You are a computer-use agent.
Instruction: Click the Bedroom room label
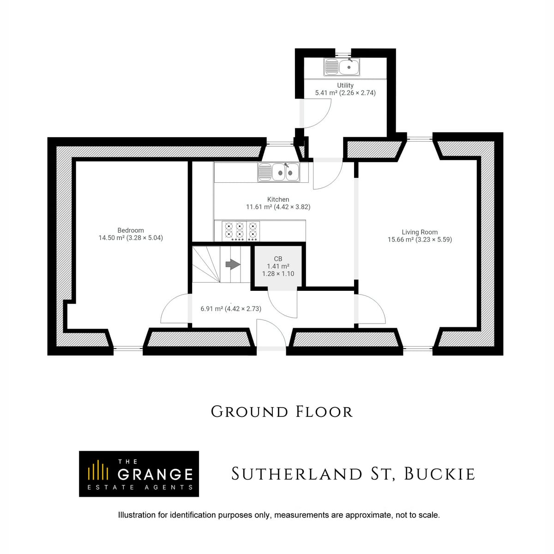point(131,230)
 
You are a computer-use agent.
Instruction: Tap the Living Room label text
point(420,232)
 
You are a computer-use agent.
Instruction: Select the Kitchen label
point(278,199)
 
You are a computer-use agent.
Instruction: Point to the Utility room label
point(345,85)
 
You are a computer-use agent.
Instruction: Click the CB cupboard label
point(278,259)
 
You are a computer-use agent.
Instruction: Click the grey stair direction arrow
point(233,264)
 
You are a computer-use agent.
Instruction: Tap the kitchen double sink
point(278,172)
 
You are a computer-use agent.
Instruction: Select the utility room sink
point(342,67)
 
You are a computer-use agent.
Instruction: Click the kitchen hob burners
point(241,231)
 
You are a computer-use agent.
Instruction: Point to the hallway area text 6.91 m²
point(212,309)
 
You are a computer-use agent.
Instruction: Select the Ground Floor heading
point(282,412)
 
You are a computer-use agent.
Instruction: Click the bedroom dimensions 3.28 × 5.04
point(145,238)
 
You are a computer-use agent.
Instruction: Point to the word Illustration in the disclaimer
point(137,515)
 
